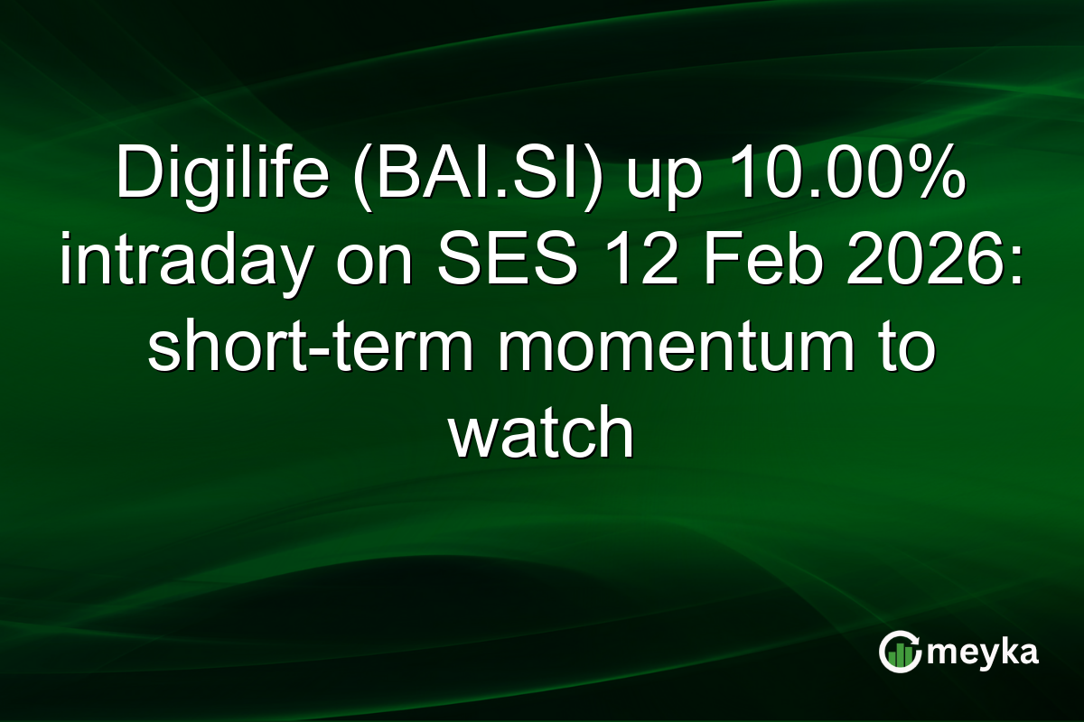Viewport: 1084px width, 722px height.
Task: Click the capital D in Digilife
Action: (x=135, y=177)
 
